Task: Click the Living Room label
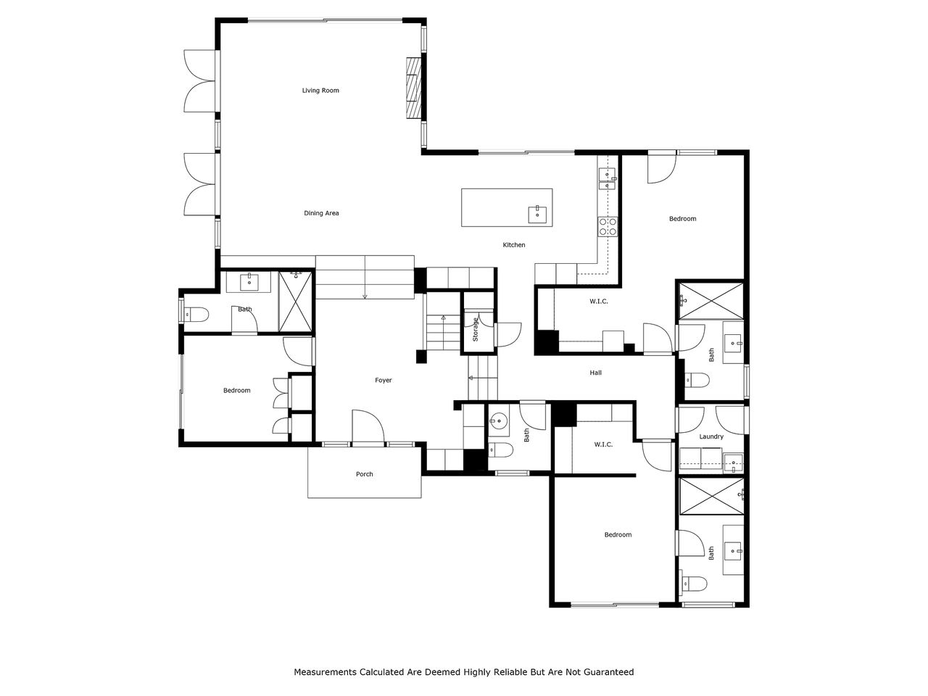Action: point(320,91)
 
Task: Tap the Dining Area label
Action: point(321,213)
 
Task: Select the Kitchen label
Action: point(514,244)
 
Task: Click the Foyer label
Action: point(383,381)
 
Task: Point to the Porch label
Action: point(365,474)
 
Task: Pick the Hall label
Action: point(596,373)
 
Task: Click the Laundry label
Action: point(711,436)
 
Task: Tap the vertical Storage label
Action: point(475,330)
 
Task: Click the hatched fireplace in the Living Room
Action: point(414,88)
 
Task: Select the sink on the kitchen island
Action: point(537,215)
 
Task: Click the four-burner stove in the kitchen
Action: point(608,226)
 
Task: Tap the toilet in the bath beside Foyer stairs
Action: point(500,450)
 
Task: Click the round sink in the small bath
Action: point(499,421)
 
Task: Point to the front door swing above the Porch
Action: point(368,427)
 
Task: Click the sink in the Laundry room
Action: point(734,462)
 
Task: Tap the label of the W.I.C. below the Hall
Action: point(603,444)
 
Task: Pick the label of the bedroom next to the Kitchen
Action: point(682,219)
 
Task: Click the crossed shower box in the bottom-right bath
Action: point(711,497)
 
